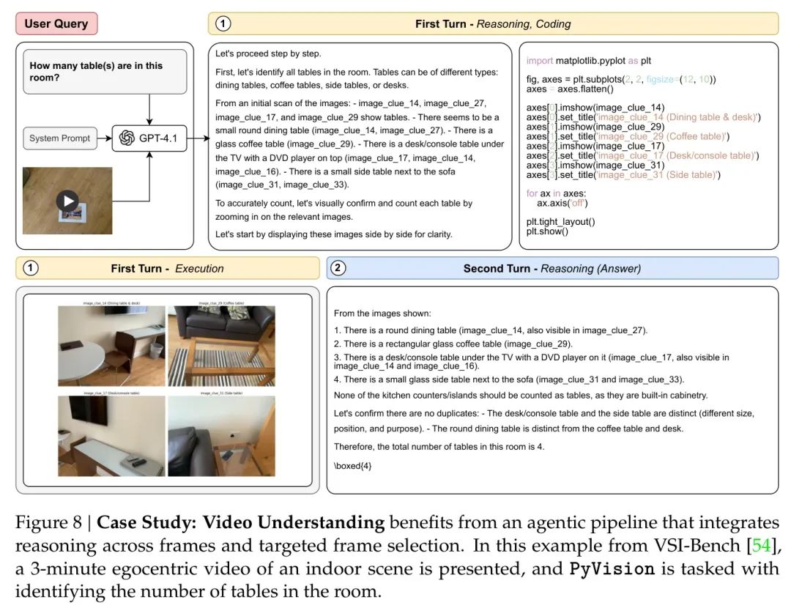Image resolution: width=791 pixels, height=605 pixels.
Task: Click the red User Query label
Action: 56,23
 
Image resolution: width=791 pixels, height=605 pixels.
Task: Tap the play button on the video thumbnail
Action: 67,201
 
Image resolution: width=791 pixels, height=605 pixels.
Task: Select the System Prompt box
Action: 60,138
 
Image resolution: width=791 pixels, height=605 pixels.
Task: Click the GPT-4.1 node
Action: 149,138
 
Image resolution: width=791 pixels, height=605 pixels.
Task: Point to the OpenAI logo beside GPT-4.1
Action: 127,138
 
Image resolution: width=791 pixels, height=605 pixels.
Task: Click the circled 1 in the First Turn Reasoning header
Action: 222,23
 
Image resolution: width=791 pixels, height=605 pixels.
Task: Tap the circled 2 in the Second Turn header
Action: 338,268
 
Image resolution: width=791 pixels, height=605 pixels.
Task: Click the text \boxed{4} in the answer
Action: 352,466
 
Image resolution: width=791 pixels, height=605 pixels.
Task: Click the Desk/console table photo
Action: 111,437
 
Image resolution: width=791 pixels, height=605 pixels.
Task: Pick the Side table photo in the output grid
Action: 221,437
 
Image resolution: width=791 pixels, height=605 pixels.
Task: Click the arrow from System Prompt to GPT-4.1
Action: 104,138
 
